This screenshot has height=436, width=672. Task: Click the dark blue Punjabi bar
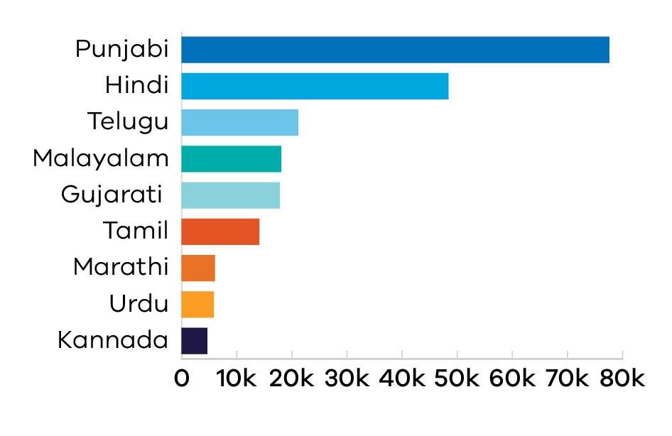(395, 49)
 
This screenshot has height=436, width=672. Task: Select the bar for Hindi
(315, 86)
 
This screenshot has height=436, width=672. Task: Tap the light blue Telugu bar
(239, 122)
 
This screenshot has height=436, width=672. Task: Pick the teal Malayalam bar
(231, 158)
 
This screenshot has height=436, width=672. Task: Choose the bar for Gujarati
(230, 195)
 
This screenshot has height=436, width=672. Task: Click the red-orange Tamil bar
(220, 232)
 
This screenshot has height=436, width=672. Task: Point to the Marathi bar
(198, 268)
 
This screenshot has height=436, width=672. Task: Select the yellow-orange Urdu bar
(197, 305)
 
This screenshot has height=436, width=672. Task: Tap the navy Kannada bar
(194, 341)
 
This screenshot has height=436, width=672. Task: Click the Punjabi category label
(122, 50)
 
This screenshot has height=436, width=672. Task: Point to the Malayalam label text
(101, 158)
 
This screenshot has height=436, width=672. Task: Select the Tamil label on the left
(136, 231)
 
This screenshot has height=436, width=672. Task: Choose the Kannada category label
(113, 341)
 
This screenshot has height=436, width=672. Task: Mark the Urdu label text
(139, 305)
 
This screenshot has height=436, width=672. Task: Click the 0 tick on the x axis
(182, 378)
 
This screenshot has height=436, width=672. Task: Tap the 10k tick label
(237, 378)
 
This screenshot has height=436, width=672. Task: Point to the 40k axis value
(402, 378)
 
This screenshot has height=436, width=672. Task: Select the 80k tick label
(622, 378)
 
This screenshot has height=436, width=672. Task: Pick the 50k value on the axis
(457, 378)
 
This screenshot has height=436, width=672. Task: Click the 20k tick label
(292, 378)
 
